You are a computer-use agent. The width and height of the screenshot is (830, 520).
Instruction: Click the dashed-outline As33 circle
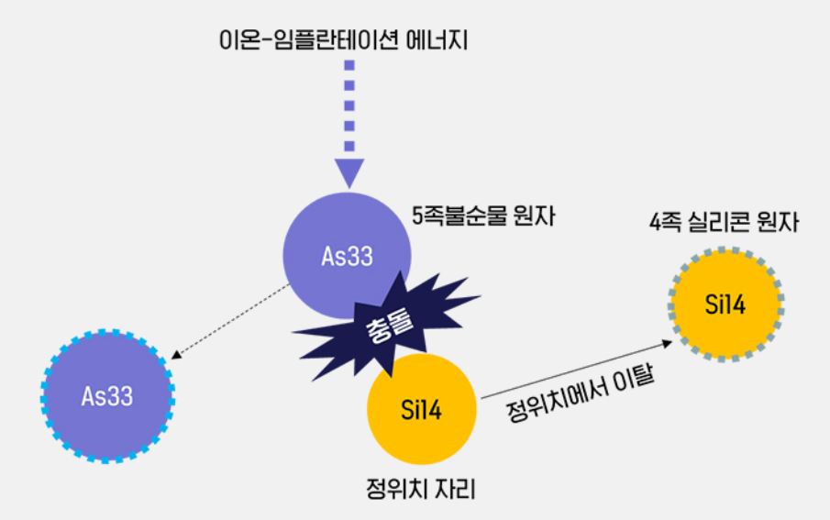[108, 396]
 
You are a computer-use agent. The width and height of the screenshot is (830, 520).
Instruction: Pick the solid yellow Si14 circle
[422, 409]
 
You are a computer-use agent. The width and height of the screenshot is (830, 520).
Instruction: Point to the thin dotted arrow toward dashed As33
[229, 322]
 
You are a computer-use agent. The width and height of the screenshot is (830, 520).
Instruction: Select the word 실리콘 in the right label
[728, 221]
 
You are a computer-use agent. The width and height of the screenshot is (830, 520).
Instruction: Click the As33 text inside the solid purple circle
[346, 257]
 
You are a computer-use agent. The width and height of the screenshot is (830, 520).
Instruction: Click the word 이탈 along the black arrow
[636, 374]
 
